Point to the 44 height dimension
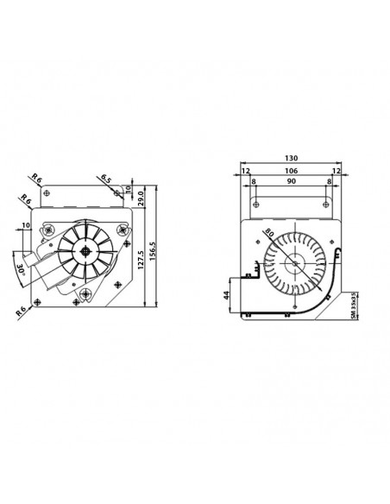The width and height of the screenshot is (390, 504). click(224, 294)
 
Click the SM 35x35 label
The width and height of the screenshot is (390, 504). click(354, 304)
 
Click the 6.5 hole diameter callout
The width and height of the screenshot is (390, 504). click(105, 179)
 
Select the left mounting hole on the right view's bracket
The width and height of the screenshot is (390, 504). click(256, 204)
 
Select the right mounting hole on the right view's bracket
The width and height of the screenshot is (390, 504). click(326, 204)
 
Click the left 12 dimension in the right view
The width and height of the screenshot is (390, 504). click(245, 171)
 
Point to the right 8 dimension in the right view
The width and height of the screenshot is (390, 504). click(329, 181)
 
